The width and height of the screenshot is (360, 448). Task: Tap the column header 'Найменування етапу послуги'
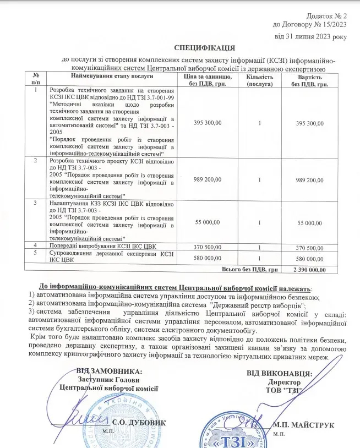click(x=111, y=75)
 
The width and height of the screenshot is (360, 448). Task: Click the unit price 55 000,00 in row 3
click(x=208, y=222)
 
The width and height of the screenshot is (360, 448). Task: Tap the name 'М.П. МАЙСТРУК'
click(x=304, y=425)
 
